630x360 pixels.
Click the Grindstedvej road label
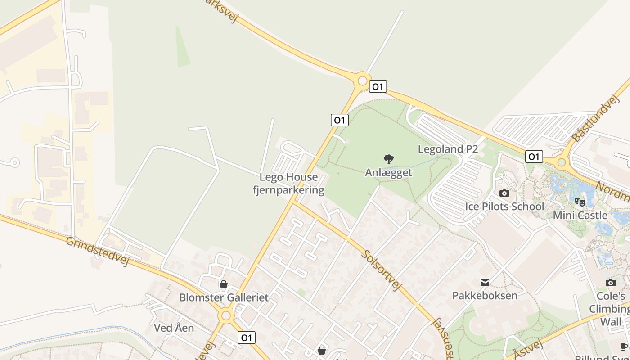97,251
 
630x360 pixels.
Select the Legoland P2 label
448,149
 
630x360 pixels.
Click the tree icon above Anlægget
389,159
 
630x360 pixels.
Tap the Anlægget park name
389,173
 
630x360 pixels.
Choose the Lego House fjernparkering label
288,184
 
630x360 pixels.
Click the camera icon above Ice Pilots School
504,193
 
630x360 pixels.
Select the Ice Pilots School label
504,207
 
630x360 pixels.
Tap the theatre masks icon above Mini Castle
580,202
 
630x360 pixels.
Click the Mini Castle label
580,216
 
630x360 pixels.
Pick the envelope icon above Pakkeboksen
485,282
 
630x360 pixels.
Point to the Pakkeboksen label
485,296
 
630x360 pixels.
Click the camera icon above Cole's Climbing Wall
611,283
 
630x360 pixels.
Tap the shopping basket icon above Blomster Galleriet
223,284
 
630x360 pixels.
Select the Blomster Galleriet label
224,297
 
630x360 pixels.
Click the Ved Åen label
174,328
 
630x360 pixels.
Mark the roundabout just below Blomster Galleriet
226,315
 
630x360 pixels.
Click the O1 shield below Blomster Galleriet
246,337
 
